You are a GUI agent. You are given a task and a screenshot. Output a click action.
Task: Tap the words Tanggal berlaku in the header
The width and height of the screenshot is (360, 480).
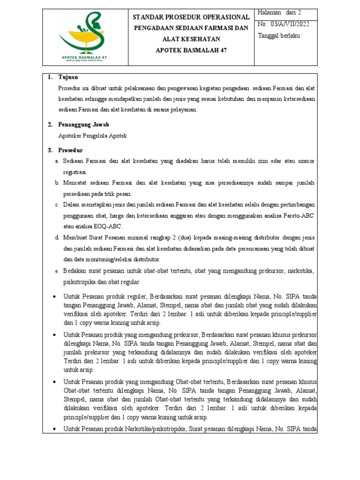(x=280, y=36)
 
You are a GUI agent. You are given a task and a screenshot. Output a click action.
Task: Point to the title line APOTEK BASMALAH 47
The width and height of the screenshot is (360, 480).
(x=191, y=50)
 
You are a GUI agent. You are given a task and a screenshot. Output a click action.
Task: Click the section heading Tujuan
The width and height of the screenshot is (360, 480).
(x=68, y=77)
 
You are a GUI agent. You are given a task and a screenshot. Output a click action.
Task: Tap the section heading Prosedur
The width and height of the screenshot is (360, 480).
(x=71, y=150)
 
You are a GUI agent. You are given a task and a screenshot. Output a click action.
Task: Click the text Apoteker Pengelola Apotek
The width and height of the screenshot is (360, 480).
(x=92, y=136)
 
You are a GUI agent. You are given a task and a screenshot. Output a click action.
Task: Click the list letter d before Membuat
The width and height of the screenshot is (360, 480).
(x=57, y=237)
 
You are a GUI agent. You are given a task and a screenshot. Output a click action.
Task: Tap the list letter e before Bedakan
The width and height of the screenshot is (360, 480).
(x=57, y=271)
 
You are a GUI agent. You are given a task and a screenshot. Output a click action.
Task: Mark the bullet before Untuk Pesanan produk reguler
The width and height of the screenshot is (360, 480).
(x=55, y=296)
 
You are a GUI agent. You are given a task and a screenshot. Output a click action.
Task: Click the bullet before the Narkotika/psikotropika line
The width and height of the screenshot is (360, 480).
(x=55, y=429)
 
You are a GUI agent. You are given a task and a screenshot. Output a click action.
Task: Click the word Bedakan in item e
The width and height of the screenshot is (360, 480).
(x=75, y=271)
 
